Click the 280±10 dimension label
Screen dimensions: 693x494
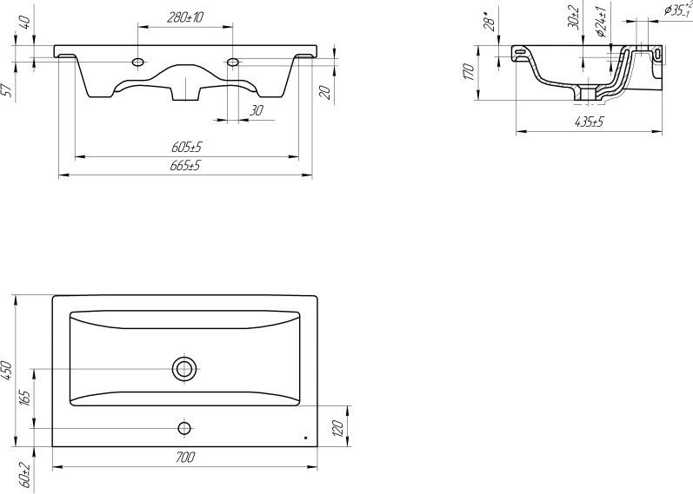(185, 17)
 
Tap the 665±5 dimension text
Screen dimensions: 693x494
(185, 166)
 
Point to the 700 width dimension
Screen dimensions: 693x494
(185, 458)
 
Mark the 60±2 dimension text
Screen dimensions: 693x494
(24, 476)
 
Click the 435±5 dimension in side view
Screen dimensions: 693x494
(590, 122)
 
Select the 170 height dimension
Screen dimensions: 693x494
(470, 72)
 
